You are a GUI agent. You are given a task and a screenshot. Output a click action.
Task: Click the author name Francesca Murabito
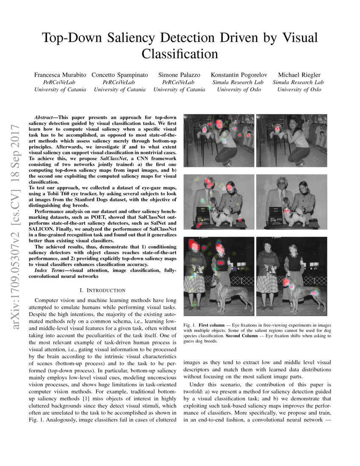[60, 75]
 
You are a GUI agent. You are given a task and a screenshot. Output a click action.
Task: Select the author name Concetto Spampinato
[120, 75]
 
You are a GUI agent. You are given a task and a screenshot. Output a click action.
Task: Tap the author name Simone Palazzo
[179, 75]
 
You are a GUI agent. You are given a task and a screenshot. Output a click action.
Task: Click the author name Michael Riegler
[299, 75]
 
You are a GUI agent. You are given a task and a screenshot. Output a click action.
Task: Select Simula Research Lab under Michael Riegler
[299, 82]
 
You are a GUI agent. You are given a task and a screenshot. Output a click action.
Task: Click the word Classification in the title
[180, 54]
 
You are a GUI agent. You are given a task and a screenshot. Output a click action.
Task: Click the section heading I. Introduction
[102, 290]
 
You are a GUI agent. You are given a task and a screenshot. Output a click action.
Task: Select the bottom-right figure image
[291, 276]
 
